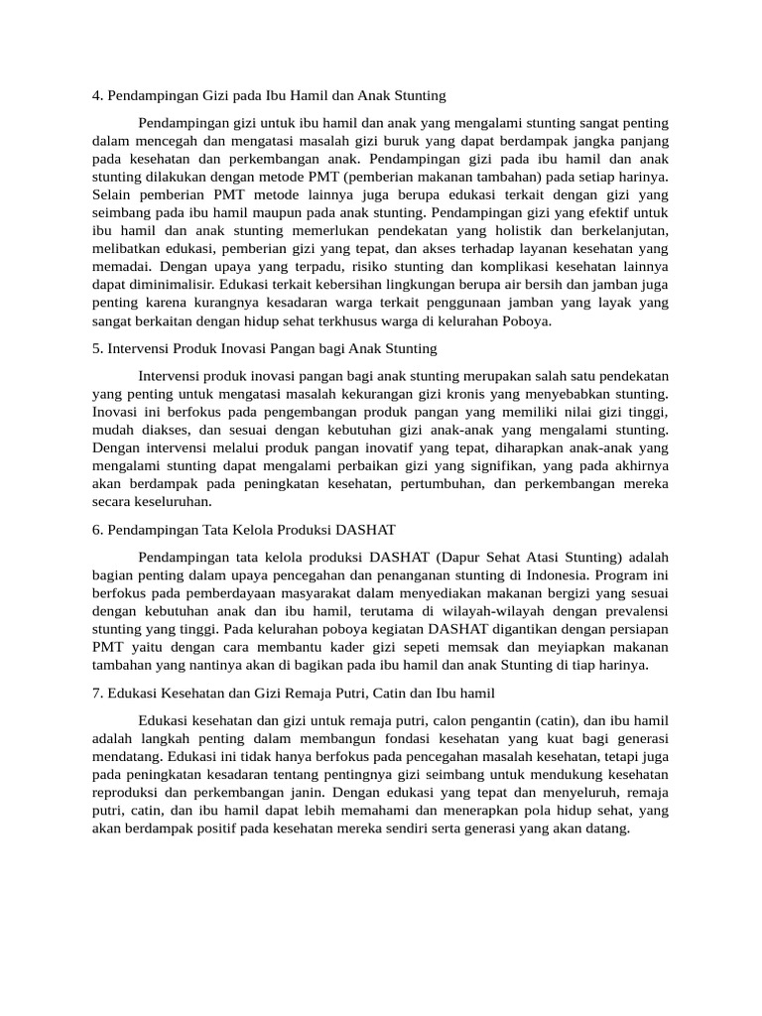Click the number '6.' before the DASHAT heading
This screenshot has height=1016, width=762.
[97, 530]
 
